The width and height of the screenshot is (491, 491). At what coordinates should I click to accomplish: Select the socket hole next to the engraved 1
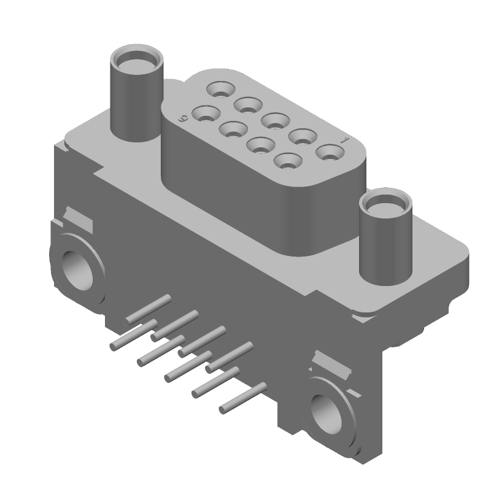tap(328, 152)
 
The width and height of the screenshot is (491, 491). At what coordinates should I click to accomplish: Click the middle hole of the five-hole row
tap(274, 119)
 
